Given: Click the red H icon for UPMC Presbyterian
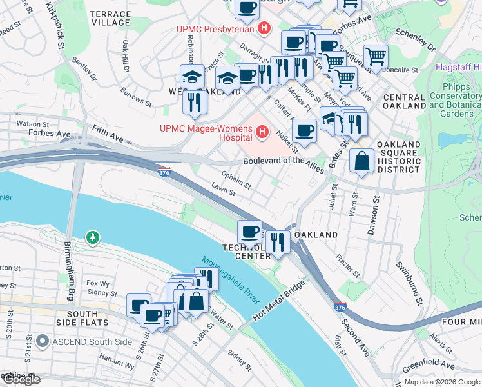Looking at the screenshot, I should pos(263,28).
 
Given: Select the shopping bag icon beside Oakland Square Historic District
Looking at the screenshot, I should pos(362,161).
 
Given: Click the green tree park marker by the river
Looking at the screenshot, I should pos(94,239).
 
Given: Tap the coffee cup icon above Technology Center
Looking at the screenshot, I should pos(249,232).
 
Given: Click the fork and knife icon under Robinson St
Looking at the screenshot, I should pos(194,101).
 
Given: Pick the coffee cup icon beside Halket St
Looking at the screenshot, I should pos(304,130).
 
